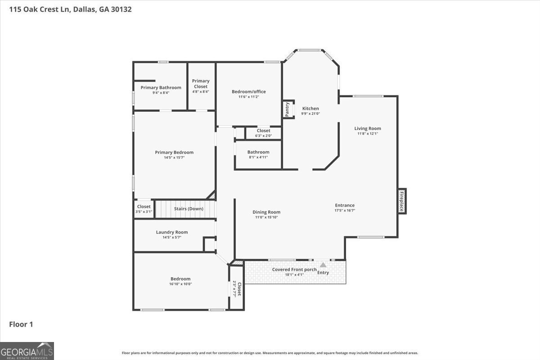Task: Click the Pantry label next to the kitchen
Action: point(287,109)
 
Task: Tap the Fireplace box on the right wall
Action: point(402,201)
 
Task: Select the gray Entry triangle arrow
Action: point(323,265)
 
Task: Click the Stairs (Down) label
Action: point(189,208)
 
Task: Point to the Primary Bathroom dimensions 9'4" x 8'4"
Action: point(161,93)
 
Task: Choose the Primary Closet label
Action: point(201,84)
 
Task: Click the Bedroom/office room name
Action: point(249,92)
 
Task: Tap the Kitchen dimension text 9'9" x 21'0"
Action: point(310,113)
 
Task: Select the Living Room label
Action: point(368,129)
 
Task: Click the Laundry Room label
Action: point(172,232)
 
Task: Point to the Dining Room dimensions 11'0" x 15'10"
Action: point(266,217)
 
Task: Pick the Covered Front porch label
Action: point(294,270)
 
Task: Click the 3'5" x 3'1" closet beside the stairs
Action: point(144,209)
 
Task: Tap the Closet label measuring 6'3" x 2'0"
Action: point(264,130)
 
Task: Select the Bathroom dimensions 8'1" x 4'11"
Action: point(258,157)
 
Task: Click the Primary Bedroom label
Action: point(174,153)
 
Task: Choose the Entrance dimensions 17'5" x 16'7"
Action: point(345,210)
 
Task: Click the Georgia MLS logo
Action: point(27,351)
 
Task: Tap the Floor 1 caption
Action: point(21,324)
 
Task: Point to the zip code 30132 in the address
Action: point(121,9)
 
